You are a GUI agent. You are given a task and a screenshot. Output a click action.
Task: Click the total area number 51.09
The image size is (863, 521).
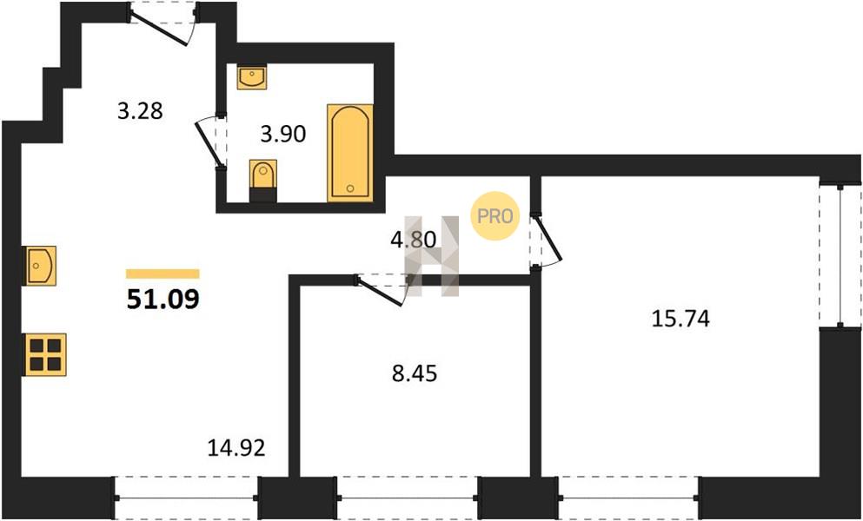[x=163, y=300]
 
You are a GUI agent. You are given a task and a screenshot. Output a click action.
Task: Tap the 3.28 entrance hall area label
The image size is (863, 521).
[x=140, y=111]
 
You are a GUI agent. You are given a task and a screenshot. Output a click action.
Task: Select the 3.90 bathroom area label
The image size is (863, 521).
[x=283, y=134]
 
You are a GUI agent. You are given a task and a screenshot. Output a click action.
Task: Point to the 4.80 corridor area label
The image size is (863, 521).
[x=413, y=240]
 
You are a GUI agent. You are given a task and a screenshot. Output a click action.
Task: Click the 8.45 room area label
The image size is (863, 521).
[x=415, y=374]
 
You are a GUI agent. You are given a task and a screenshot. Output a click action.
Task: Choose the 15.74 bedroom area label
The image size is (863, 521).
[x=680, y=319]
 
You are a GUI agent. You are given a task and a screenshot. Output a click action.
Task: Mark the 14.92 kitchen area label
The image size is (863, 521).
[x=236, y=448]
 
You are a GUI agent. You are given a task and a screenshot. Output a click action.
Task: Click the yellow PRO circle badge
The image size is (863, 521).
[x=495, y=216]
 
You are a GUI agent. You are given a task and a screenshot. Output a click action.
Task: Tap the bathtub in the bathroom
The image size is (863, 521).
[x=350, y=153]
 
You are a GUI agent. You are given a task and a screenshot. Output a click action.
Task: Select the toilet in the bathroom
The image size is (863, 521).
[x=263, y=181]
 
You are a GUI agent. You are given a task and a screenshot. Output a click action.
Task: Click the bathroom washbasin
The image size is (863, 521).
[x=252, y=77]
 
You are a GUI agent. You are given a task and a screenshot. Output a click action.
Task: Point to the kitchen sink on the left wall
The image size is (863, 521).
[x=40, y=266]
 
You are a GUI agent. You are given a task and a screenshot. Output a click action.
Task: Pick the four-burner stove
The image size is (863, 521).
[x=45, y=355]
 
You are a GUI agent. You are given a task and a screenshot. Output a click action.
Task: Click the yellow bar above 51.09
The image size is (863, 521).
[x=163, y=274]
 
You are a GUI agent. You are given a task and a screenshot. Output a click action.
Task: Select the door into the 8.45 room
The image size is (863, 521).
[x=382, y=290]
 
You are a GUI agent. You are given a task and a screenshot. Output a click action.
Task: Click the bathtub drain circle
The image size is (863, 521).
[x=350, y=188]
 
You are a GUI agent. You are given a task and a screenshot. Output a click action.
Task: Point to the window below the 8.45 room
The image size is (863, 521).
[x=408, y=498]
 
